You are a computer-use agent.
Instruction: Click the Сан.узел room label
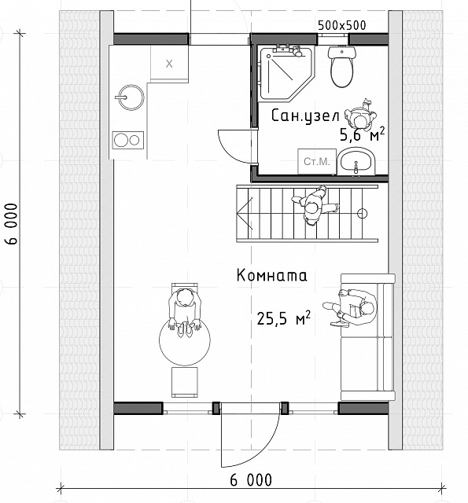[305, 116]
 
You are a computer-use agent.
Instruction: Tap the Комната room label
[271, 276]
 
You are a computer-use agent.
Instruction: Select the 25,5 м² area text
[283, 318]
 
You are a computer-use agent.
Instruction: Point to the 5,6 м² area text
[362, 134]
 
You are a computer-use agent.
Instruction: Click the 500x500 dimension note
[342, 25]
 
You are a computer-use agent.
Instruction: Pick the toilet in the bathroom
[342, 66]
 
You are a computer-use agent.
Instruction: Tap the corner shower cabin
[286, 73]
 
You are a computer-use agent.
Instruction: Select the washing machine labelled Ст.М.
[317, 161]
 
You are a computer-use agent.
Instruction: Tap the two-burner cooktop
[127, 140]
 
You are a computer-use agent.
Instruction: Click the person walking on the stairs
[315, 206]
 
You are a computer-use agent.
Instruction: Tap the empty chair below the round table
[185, 382]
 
